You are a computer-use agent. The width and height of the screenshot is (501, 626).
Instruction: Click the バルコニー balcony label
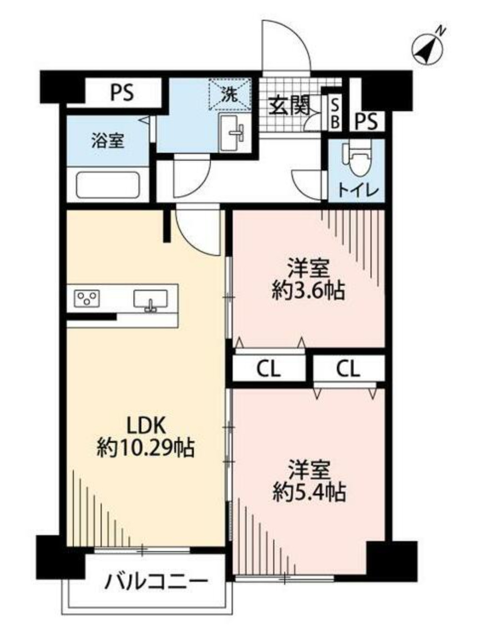tap(155, 580)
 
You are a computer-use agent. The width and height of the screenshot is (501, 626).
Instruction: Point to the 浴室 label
tap(107, 141)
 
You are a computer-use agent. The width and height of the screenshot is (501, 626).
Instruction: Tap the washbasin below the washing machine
tap(233, 131)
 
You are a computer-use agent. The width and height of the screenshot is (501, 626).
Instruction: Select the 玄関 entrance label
tap(289, 105)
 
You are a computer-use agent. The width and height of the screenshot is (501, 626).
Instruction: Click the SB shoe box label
tap(335, 113)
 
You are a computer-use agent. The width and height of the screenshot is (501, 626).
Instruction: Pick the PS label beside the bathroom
tap(122, 93)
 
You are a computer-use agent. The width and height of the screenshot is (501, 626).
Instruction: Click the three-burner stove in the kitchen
tap(87, 298)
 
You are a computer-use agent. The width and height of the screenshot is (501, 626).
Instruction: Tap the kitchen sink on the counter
tap(150, 300)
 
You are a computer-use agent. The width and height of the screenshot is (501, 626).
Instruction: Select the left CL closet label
tap(268, 369)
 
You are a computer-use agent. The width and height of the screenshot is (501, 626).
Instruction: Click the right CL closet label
tap(348, 369)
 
